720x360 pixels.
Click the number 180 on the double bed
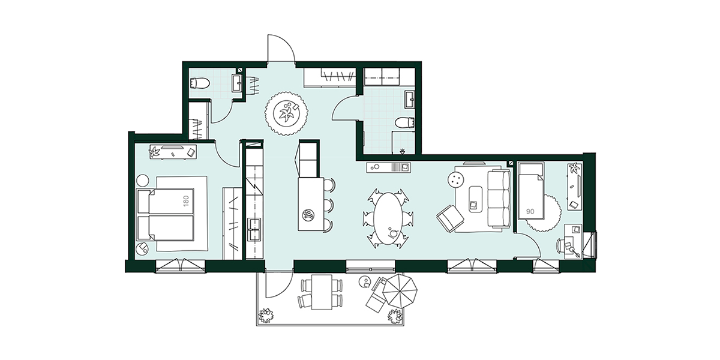coord(186,202)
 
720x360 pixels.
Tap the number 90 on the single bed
coord(530,211)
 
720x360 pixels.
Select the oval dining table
coord(388,218)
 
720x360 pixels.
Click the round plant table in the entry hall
coord(286,113)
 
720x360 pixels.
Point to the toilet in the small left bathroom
coord(200,83)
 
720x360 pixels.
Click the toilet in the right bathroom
coord(404,123)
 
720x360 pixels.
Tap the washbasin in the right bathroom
coord(410,100)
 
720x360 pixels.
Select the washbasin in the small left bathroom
coord(238,83)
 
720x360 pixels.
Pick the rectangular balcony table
coord(322,292)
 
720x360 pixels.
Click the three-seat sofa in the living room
coord(499,199)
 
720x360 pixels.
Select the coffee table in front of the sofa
coord(476,199)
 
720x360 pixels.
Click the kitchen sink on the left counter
coord(254,229)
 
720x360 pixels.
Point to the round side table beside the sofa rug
coord(456,179)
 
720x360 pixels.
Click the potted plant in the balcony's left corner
coord(266,315)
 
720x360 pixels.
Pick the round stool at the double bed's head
coord(143,179)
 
